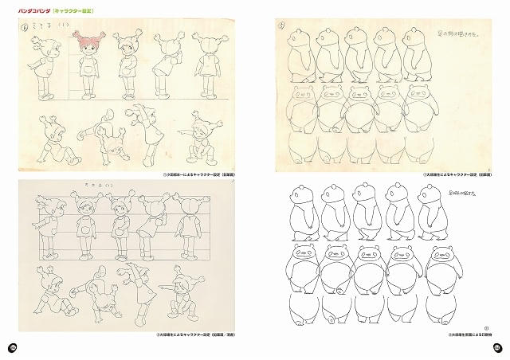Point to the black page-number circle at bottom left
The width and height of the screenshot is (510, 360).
13,347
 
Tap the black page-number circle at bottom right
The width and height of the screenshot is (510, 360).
496,347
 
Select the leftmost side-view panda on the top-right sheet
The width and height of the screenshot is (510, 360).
300,54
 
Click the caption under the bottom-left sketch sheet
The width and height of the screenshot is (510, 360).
202,336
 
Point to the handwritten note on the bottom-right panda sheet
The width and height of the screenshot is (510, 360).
461,194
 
